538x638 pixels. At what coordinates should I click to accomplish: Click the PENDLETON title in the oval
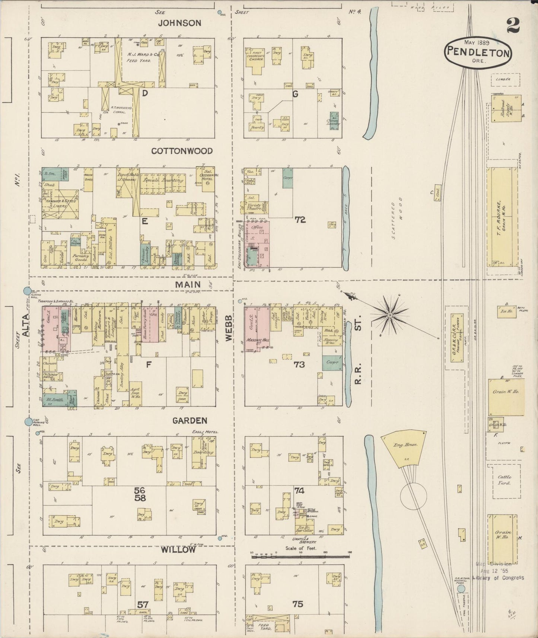click(477, 52)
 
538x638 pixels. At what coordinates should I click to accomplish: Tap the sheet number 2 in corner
click(513, 26)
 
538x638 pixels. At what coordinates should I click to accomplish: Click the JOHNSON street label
click(179, 23)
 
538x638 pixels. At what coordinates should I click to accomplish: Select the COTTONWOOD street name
click(182, 151)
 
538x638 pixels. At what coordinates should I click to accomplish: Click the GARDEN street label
click(190, 421)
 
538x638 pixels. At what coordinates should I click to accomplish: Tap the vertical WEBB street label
click(229, 327)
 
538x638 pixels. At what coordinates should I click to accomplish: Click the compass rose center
click(389, 315)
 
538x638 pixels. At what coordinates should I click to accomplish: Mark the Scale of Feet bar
click(300, 557)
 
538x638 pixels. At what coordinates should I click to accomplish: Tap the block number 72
click(300, 220)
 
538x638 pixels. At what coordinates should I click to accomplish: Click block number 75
click(298, 604)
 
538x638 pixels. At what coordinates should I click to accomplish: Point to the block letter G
click(295, 94)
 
